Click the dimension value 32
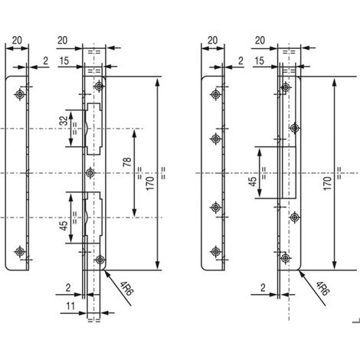click(x=65, y=120)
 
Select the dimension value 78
click(x=127, y=162)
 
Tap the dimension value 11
click(x=70, y=306)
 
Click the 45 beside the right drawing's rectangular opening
click(x=253, y=181)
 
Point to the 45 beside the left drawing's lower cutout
click(x=64, y=225)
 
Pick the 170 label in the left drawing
click(x=150, y=183)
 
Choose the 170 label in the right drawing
click(x=327, y=183)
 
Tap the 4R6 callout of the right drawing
click(x=322, y=288)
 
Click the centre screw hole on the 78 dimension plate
click(x=90, y=173)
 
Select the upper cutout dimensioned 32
click(x=93, y=129)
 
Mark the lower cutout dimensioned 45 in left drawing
click(x=93, y=218)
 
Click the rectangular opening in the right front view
click(x=288, y=172)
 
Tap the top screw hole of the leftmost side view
click(x=20, y=94)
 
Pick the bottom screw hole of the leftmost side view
click(x=20, y=251)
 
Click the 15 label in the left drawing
click(x=64, y=61)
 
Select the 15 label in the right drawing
click(x=259, y=61)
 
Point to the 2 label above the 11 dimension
click(x=68, y=288)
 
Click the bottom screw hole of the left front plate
click(x=100, y=260)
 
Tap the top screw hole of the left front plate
click(x=100, y=86)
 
